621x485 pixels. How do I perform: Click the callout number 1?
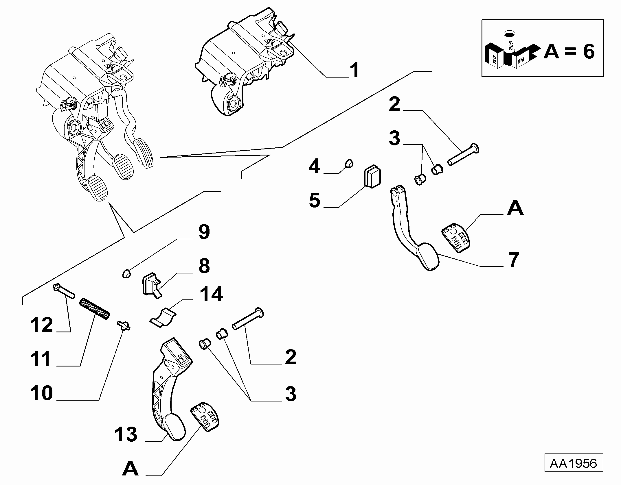pyautogui.click(x=354, y=70)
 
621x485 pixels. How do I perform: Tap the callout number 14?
pyautogui.click(x=211, y=294)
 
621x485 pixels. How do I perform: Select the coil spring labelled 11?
pyautogui.click(x=95, y=309)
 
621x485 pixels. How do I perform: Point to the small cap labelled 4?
pyautogui.click(x=349, y=163)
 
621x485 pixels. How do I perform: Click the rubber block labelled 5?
pyautogui.click(x=372, y=176)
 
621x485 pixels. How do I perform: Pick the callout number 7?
pyautogui.click(x=514, y=260)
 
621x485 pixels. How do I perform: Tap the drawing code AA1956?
pyautogui.click(x=574, y=472)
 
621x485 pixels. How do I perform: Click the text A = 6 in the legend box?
pyautogui.click(x=569, y=52)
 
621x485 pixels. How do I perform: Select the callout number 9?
pyautogui.click(x=204, y=232)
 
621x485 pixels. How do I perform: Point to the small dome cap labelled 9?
pyautogui.click(x=126, y=273)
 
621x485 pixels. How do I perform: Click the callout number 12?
pyautogui.click(x=41, y=325)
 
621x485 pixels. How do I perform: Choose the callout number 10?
pyautogui.click(x=41, y=393)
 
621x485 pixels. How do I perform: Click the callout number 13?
pyautogui.click(x=126, y=443)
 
